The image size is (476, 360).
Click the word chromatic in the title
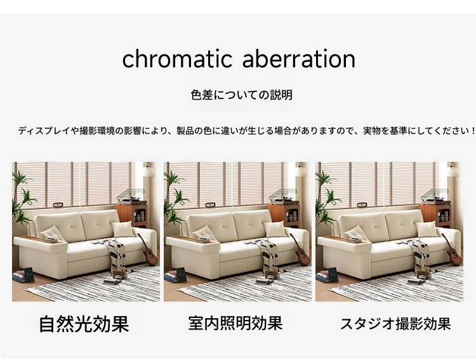click(177, 58)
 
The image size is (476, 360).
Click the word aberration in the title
click(299, 58)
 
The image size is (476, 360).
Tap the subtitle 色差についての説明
click(241, 95)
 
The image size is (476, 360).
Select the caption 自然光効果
click(84, 324)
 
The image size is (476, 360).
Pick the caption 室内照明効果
click(235, 323)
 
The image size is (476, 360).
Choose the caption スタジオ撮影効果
click(395, 324)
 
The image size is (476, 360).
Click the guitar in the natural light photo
click(148, 250)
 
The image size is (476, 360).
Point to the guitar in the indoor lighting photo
click(300, 250)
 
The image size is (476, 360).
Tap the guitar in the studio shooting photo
click(452, 250)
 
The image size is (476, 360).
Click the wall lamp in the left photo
click(148, 170)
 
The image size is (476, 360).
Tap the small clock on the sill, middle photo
click(210, 205)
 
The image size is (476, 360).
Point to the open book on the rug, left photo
click(112, 282)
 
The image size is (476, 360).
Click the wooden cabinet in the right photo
click(435, 215)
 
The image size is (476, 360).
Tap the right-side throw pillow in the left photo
click(122, 229)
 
